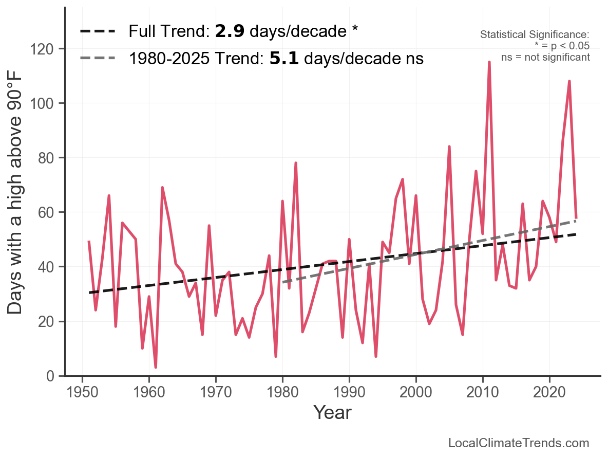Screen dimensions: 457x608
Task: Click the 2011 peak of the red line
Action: click(489, 62)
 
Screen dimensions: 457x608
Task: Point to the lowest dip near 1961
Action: click(156, 367)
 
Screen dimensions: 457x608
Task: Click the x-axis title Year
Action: click(332, 412)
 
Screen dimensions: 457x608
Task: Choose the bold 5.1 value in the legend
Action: click(283, 59)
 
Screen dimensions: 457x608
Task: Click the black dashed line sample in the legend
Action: click(98, 32)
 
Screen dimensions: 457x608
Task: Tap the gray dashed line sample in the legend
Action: click(98, 59)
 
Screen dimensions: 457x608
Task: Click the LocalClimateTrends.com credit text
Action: click(519, 443)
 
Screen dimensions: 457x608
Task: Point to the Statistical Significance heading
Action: click(535, 35)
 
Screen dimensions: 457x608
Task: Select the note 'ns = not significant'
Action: click(545, 57)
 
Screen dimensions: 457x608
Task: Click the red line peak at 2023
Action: click(569, 81)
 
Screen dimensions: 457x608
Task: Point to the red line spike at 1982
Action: click(296, 163)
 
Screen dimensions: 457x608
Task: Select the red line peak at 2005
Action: click(449, 147)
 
